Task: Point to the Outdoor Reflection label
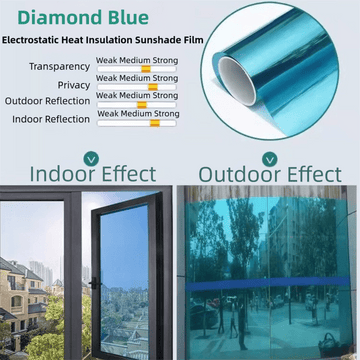coord(47,101)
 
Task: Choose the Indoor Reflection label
coord(50,119)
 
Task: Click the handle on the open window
coord(91,279)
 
